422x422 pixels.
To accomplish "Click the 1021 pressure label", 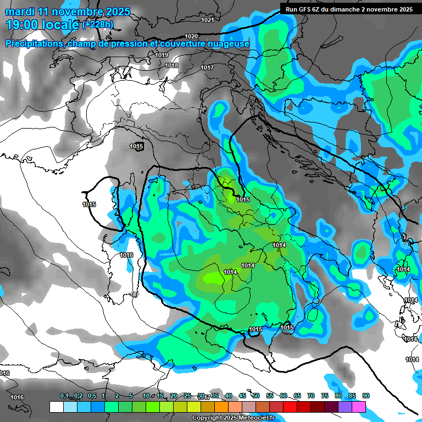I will pyautogui.click(x=207, y=20).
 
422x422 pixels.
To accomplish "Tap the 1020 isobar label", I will pyautogui.click(x=191, y=36).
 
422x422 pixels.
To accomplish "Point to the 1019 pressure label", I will pyautogui.click(x=162, y=55).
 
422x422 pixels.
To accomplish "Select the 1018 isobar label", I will pyautogui.click(x=172, y=66).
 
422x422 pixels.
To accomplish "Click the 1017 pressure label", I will pyautogui.click(x=207, y=68).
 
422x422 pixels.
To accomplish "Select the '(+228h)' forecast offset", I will pyautogui.click(x=98, y=25).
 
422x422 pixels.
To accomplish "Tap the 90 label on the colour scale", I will pyautogui.click(x=366, y=396).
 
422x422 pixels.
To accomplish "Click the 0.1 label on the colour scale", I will pyautogui.click(x=64, y=396).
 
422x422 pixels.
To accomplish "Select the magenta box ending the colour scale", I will pyautogui.click(x=359, y=407).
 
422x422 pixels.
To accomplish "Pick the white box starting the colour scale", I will pyautogui.click(x=56, y=407).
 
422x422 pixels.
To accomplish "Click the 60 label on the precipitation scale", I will pyautogui.click(x=284, y=396).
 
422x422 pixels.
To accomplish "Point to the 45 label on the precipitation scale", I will pyautogui.click(x=242, y=396).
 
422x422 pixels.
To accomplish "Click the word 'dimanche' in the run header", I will pyautogui.click(x=354, y=9).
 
